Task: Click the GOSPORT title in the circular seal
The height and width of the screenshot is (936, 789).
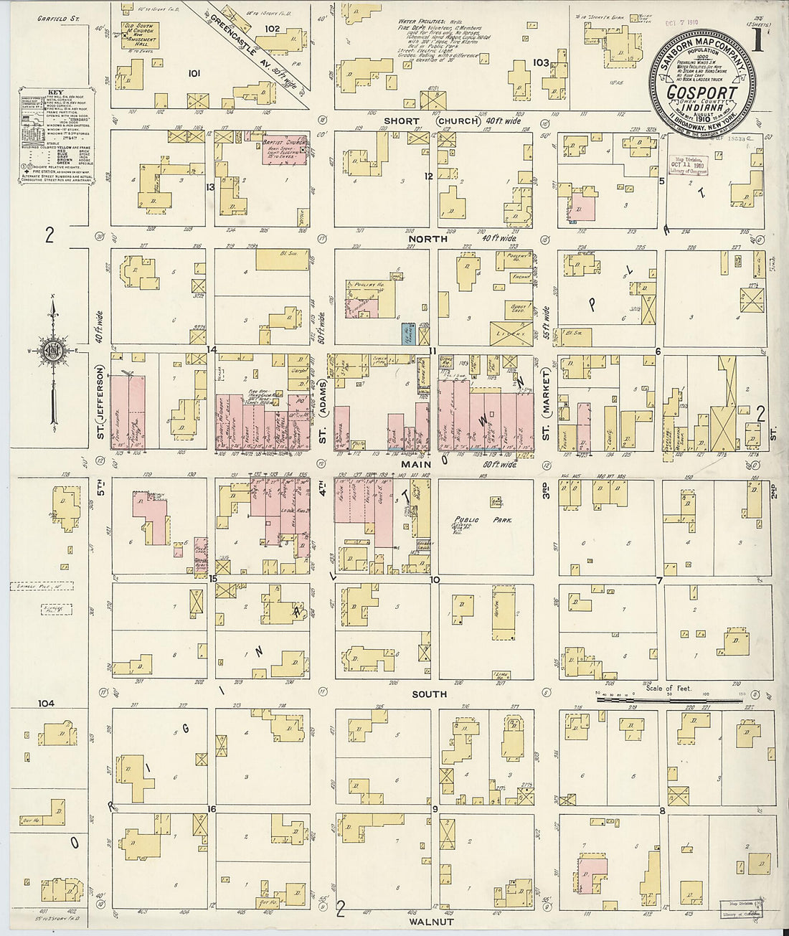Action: pyautogui.click(x=701, y=93)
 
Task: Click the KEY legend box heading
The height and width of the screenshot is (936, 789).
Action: pyautogui.click(x=55, y=93)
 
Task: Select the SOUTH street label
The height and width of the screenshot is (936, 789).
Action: pyautogui.click(x=430, y=694)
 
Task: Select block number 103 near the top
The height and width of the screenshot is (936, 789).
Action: pyautogui.click(x=541, y=63)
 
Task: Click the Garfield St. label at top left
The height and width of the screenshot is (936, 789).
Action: pyautogui.click(x=57, y=19)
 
